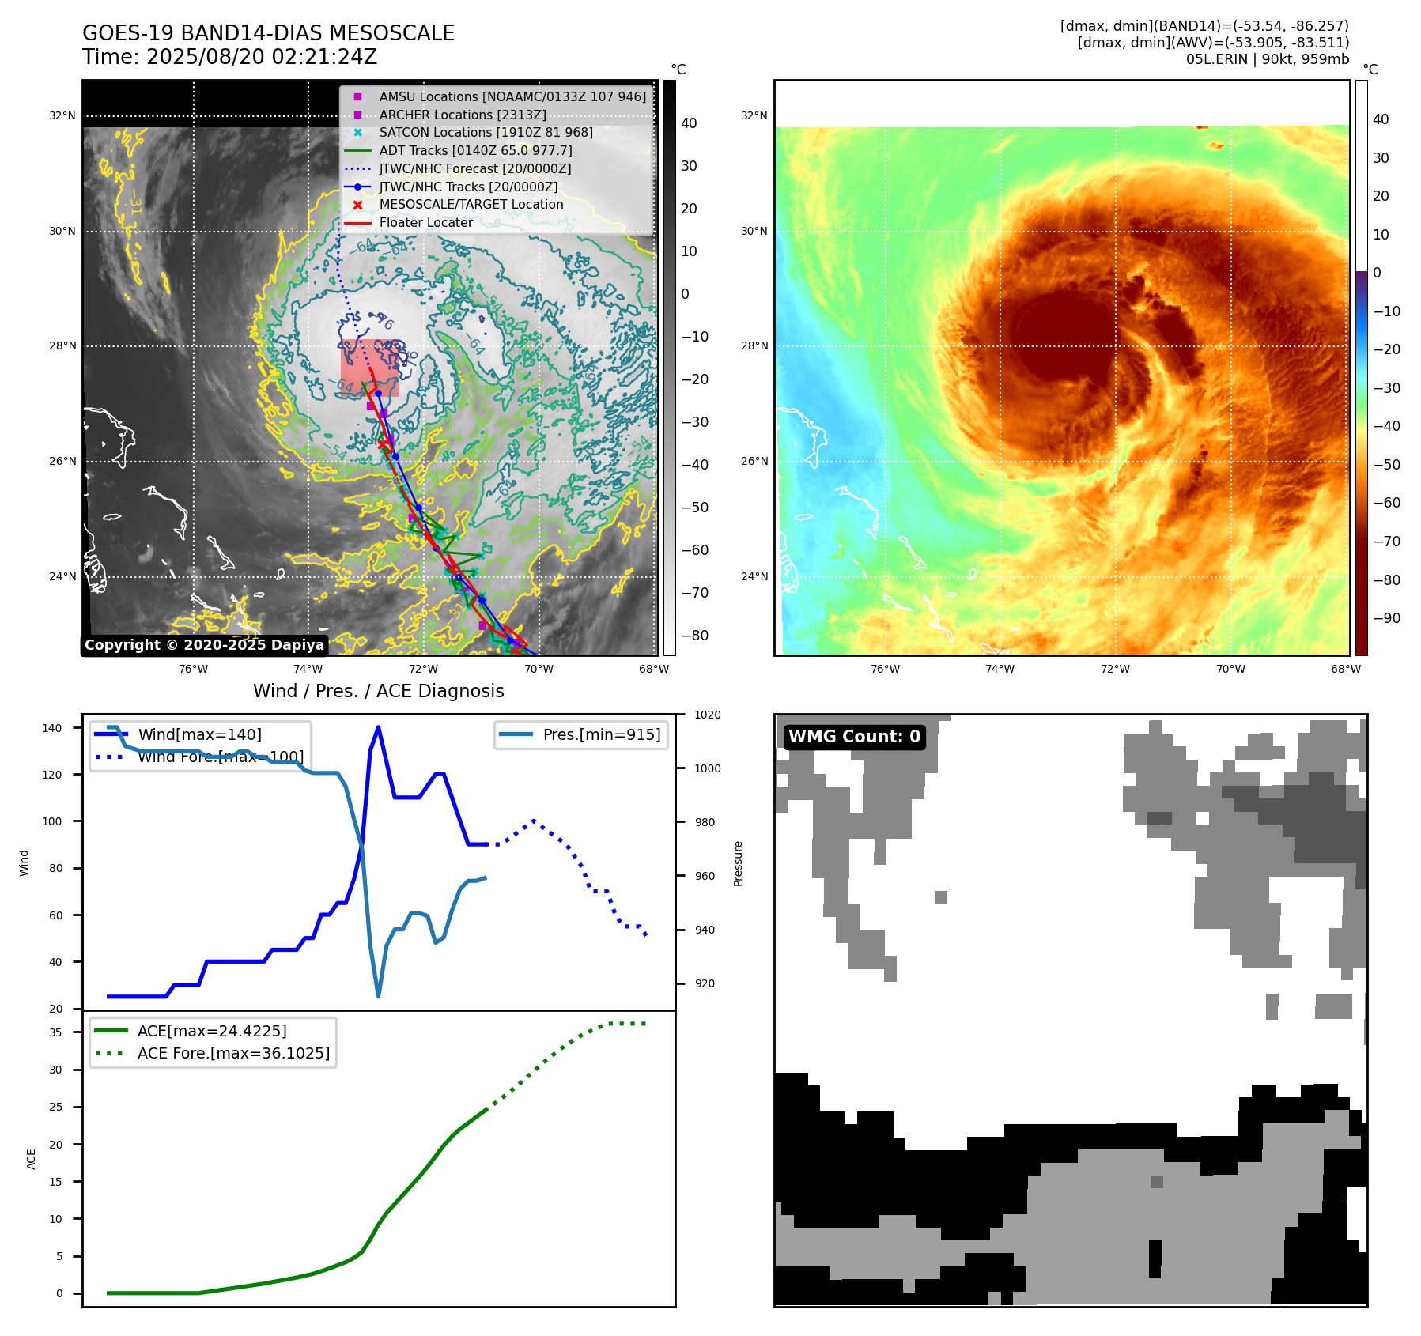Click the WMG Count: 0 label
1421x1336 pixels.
pos(854,737)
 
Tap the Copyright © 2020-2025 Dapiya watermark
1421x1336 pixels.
pos(204,645)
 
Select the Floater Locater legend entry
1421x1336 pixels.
pos(425,223)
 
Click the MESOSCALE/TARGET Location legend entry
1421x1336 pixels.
pos(471,205)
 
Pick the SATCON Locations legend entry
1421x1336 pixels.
pos(486,133)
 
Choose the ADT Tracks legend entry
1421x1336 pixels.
pos(475,151)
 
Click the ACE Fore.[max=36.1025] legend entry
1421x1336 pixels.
pos(233,1054)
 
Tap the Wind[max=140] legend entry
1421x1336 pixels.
pos(199,735)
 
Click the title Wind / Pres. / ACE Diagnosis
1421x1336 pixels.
pos(378,692)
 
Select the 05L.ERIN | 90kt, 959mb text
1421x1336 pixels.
pos(1267,59)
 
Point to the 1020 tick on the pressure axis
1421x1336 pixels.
pos(707,715)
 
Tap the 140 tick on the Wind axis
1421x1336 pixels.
pos(51,728)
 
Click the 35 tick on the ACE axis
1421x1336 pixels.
pos(55,1032)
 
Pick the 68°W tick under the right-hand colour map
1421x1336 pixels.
pos(1345,670)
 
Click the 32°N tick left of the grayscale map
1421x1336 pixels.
pos(62,116)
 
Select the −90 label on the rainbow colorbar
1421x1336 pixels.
pos(1386,618)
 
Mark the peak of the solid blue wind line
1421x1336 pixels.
pos(378,727)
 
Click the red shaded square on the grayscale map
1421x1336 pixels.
pos(369,367)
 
